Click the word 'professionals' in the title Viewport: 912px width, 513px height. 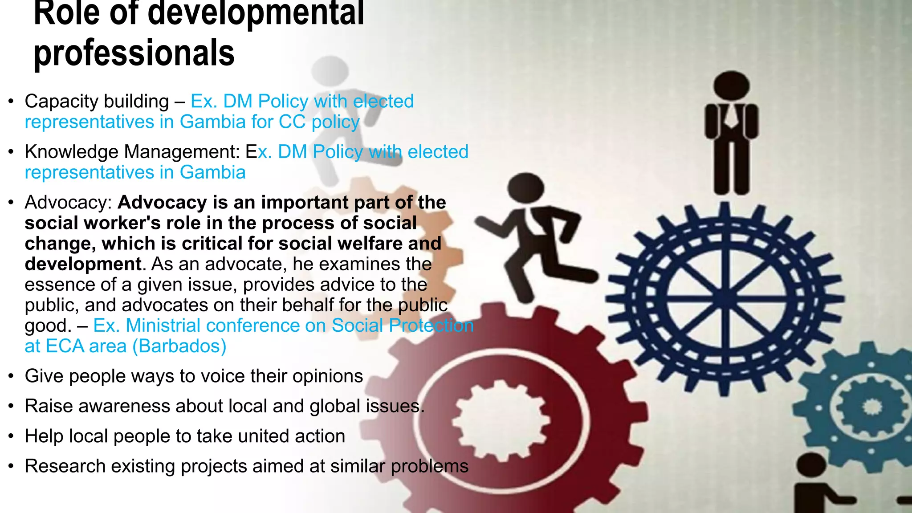[134, 53]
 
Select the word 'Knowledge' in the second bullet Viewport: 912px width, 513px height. [71, 152]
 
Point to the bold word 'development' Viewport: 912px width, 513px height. [83, 264]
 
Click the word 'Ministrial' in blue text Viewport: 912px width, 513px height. [163, 326]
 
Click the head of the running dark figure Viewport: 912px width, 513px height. [526, 187]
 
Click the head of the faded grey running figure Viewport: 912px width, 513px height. [330, 71]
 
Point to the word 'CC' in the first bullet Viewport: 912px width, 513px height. [292, 122]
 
